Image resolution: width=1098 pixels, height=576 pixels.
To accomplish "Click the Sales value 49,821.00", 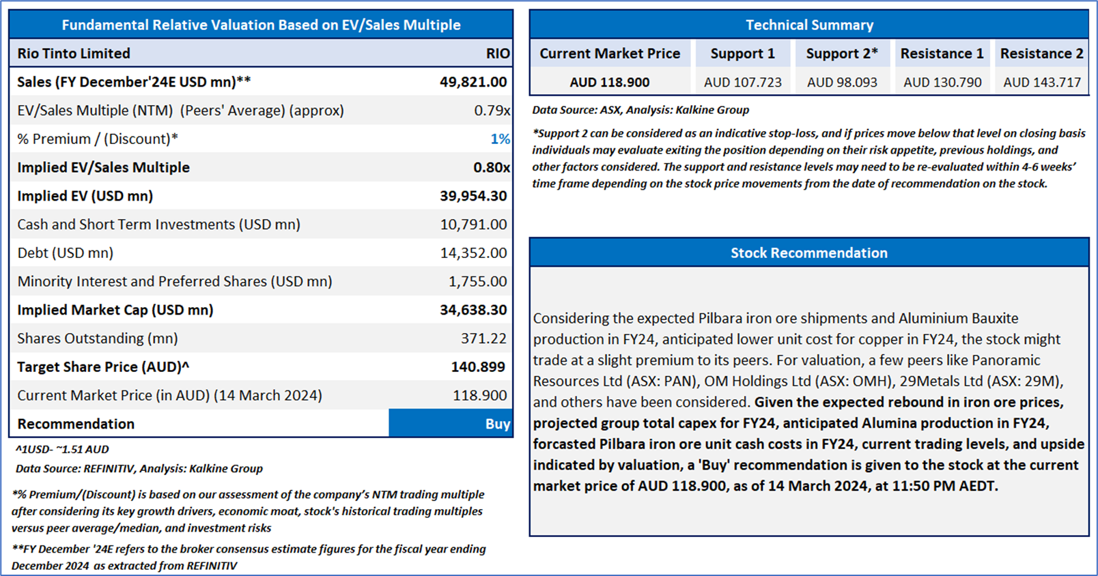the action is (x=473, y=82).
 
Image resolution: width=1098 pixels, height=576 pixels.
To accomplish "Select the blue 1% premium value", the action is (x=500, y=139).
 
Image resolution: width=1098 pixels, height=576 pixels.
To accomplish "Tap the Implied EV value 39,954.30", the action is (x=473, y=196).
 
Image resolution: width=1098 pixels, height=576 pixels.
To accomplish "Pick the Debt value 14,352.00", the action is (x=473, y=253).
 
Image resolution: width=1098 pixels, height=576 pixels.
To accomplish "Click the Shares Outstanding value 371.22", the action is (x=483, y=339).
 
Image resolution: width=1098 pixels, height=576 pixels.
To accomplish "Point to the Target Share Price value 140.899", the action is (x=478, y=367).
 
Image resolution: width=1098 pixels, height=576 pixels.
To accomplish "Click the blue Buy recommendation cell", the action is (x=451, y=423).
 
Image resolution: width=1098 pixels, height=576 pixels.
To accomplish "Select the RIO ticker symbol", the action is (x=498, y=53).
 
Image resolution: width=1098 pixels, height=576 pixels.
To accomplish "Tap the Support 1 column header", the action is (x=743, y=53).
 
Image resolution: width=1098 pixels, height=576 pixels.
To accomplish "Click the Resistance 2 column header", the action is (x=1041, y=53).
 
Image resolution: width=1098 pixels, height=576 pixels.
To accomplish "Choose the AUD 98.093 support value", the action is (x=842, y=83).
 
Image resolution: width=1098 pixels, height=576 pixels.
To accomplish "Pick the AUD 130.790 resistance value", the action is (x=942, y=83).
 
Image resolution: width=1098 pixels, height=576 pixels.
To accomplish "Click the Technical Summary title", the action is (x=809, y=25).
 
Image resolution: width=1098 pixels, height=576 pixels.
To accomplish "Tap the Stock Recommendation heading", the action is (x=808, y=253).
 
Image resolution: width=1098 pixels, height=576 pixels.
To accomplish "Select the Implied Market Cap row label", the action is (x=115, y=310).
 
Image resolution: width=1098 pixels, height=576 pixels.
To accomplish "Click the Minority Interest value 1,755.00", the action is (x=477, y=282).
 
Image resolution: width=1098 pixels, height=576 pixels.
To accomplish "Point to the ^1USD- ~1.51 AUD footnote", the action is (x=62, y=449).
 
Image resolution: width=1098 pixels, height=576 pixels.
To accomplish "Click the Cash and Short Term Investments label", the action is (x=159, y=225).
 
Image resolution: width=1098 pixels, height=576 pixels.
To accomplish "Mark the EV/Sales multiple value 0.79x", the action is (x=492, y=111).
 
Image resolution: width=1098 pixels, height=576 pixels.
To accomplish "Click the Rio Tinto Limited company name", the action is (x=74, y=53).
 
